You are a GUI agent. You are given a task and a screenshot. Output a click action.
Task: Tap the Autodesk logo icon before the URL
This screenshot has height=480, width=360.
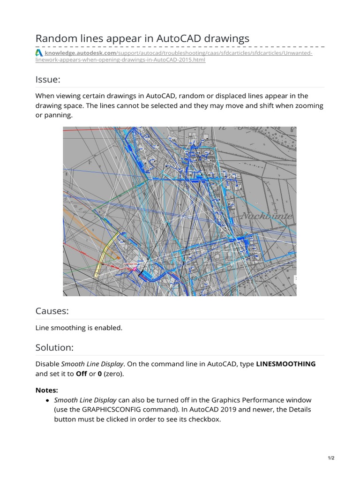click(x=39, y=53)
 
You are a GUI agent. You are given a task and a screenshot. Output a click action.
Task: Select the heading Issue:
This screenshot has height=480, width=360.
click(x=48, y=79)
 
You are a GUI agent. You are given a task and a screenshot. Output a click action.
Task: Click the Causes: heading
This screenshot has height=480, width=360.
click(x=52, y=311)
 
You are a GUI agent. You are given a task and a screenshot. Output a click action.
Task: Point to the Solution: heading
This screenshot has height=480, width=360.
click(x=54, y=347)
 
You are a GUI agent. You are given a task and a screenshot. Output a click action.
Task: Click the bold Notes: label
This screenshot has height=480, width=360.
click(x=47, y=390)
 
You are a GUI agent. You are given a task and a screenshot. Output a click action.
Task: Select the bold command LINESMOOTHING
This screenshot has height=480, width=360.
click(x=285, y=364)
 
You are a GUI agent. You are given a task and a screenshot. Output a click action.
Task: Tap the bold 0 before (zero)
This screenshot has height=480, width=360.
click(x=99, y=374)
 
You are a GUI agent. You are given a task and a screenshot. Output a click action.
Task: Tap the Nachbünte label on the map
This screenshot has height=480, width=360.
click(x=267, y=217)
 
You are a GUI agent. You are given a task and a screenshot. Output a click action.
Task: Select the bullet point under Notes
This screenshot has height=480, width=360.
click(x=48, y=400)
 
